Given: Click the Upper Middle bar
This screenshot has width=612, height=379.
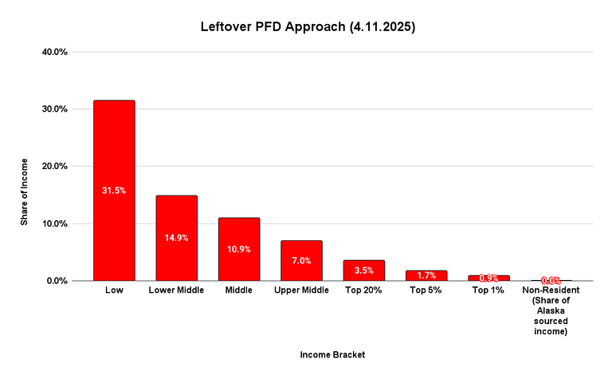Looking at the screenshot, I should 301,271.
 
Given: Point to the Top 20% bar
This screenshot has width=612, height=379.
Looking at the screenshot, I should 363,275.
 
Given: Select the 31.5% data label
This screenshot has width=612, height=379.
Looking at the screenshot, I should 114,191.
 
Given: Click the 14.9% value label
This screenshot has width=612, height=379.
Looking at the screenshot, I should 176,238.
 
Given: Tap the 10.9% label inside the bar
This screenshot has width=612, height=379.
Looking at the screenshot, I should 238,249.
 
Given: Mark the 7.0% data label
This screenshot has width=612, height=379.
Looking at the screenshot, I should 301,260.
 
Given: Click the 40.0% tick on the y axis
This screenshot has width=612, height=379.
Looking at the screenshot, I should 53,52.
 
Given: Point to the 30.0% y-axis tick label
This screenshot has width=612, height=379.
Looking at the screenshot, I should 53,109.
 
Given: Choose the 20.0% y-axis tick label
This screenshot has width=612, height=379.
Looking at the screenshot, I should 53,167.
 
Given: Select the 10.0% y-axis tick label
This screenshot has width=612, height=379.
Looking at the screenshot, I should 53,224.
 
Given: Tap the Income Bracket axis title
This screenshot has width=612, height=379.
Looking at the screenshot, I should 332,353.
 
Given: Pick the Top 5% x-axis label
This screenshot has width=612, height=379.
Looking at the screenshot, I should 426,290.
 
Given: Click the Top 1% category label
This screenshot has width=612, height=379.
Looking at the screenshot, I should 488,290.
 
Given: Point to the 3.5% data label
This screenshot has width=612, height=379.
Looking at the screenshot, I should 363,270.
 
